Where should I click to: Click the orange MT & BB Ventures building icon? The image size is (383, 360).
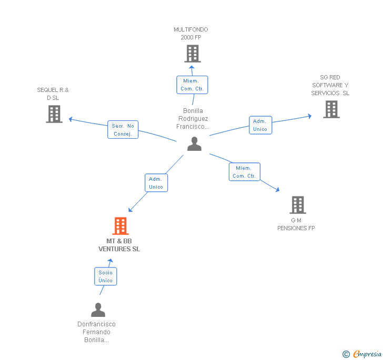pyautogui.click(x=120, y=226)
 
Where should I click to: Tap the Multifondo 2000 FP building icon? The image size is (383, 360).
pyautogui.click(x=193, y=54)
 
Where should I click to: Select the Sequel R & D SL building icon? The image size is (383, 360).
pyautogui.click(x=54, y=114)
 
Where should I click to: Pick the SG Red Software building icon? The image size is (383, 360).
pyautogui.click(x=331, y=109)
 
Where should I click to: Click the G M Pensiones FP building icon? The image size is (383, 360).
pyautogui.click(x=298, y=205)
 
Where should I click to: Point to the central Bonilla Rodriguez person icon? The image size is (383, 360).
pyautogui.click(x=194, y=144)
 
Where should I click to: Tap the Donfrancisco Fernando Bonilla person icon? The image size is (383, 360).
pyautogui.click(x=98, y=310)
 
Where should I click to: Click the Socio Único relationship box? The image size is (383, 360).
pyautogui.click(x=106, y=276)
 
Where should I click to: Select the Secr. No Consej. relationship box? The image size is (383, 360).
pyautogui.click(x=123, y=130)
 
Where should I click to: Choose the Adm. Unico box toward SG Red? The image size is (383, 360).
pyautogui.click(x=260, y=125)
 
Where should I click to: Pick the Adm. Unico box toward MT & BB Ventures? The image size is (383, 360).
pyautogui.click(x=156, y=183)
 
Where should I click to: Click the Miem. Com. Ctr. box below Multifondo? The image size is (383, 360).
pyautogui.click(x=192, y=85)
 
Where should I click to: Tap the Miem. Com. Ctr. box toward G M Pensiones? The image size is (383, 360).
pyautogui.click(x=244, y=172)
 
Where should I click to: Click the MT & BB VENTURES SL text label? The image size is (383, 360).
pyautogui.click(x=119, y=245)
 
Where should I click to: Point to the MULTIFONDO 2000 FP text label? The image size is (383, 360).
pyautogui.click(x=191, y=34)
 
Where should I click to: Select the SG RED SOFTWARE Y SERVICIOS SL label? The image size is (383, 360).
pyautogui.click(x=330, y=85)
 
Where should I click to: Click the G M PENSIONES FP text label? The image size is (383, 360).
pyautogui.click(x=296, y=224)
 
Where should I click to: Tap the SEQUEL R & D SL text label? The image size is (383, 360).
pyautogui.click(x=53, y=94)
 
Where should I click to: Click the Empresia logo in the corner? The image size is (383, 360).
pyautogui.click(x=362, y=354)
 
